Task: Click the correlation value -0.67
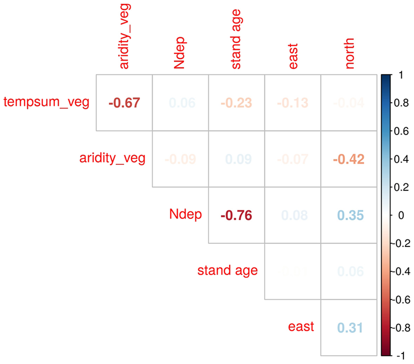(x=124, y=103)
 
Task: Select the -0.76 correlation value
(x=236, y=215)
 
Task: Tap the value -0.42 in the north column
(x=348, y=159)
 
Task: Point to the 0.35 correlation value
(x=351, y=215)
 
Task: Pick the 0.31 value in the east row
(x=350, y=327)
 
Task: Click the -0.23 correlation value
(x=236, y=103)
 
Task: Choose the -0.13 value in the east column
(x=292, y=103)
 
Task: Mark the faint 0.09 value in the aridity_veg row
(x=238, y=159)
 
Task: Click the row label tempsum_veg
(x=47, y=102)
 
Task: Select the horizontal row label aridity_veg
(x=112, y=158)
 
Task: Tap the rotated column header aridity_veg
(x=124, y=37)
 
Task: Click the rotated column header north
(x=349, y=53)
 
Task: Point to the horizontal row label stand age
(x=228, y=270)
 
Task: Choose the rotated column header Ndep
(x=179, y=53)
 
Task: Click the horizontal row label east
(x=301, y=326)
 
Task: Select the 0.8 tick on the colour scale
(x=401, y=103)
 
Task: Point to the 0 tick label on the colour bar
(x=401, y=215)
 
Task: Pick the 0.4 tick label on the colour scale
(x=401, y=159)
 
